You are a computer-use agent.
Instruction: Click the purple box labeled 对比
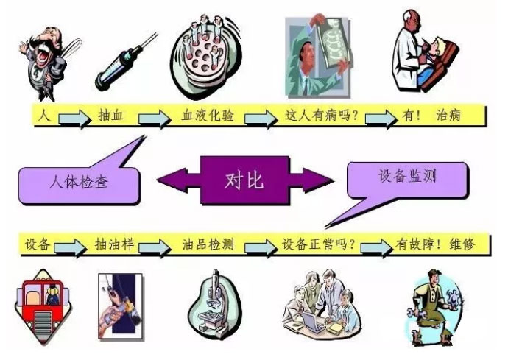[244, 179]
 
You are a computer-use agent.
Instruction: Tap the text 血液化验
[208, 116]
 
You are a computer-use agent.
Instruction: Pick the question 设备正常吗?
[319, 244]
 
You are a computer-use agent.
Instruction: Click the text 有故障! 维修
[435, 244]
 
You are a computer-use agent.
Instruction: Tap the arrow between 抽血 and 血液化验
[154, 118]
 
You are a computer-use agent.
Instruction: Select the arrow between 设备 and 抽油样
[71, 246]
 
